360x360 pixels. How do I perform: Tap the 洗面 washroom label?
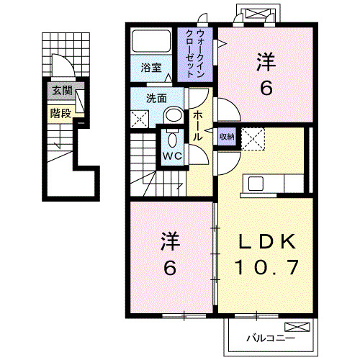pyautogui.click(x=157, y=98)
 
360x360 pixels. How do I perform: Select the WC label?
pyautogui.click(x=171, y=156)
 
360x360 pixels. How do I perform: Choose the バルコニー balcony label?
pyautogui.click(x=265, y=337)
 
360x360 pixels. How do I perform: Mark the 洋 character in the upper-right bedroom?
pyautogui.click(x=266, y=63)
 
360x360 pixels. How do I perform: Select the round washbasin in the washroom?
pyautogui.click(x=174, y=115)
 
